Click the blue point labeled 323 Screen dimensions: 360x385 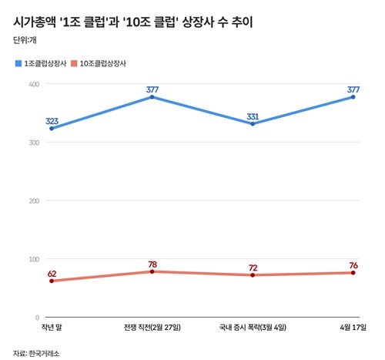[x=52, y=128]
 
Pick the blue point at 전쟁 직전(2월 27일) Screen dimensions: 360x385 [x=152, y=97]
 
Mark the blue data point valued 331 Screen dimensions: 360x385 [x=253, y=123]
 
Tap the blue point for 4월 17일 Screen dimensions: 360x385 [x=353, y=97]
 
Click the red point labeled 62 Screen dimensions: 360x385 [x=52, y=281]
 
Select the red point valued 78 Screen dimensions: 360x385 [x=152, y=271]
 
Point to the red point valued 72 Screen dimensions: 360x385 [x=253, y=275]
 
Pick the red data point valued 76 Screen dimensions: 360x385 [x=353, y=273]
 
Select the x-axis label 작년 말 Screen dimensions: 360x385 [x=52, y=328]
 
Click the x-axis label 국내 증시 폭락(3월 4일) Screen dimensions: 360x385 [x=253, y=328]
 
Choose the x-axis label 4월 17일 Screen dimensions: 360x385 [x=353, y=328]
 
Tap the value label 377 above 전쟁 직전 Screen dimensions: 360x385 [x=152, y=89]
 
